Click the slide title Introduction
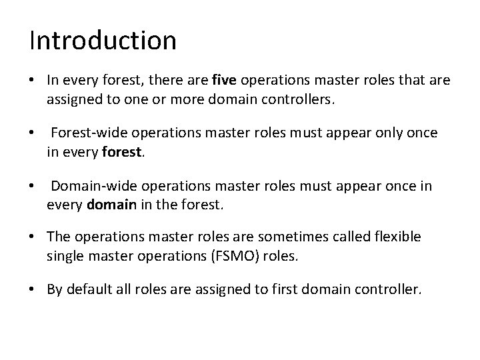[x=103, y=41]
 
